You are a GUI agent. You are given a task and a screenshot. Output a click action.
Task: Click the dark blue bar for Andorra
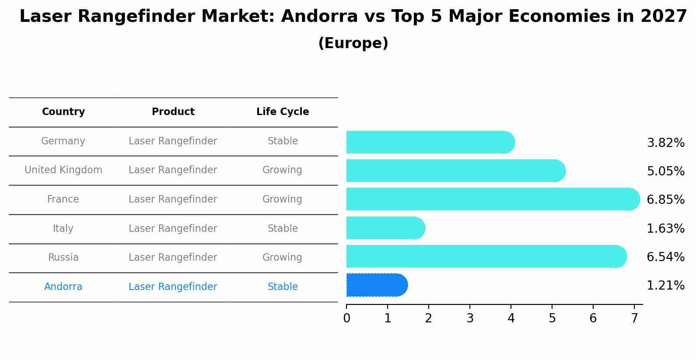(376, 285)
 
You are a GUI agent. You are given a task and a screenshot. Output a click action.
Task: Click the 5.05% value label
(665, 171)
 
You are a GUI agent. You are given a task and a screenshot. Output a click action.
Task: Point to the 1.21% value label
(665, 286)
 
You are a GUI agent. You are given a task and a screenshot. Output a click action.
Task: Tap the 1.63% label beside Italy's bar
(665, 229)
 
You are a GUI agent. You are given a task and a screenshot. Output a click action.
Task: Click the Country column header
(63, 112)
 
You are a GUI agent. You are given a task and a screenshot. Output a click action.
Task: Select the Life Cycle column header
(283, 112)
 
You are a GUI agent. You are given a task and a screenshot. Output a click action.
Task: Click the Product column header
(173, 112)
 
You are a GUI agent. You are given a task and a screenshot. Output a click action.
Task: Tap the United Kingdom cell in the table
(63, 170)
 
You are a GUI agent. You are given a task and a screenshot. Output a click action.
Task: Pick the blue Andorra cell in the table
(63, 287)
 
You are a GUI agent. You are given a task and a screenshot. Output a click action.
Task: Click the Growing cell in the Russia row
(282, 258)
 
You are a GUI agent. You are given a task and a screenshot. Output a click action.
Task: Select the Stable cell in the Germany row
(283, 141)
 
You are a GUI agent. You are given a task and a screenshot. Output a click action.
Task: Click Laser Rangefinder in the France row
(173, 199)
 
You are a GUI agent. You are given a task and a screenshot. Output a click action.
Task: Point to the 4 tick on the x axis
(511, 318)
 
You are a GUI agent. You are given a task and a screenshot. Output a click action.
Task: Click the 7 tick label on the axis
(634, 318)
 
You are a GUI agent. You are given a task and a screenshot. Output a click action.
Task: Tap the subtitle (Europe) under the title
(353, 43)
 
